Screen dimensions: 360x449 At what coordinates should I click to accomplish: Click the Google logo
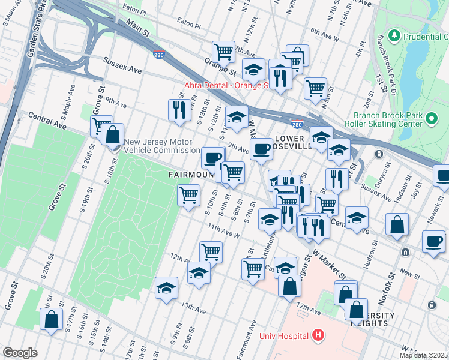coord(20,353)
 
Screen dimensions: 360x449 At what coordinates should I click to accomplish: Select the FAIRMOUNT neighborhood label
coord(191,175)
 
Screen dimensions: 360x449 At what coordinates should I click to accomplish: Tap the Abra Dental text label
coord(225,85)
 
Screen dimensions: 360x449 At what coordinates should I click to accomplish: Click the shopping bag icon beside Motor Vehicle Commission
coord(112,134)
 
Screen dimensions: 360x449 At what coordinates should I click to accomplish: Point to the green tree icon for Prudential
coord(394,36)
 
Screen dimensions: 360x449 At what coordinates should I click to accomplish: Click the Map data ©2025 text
coord(424,355)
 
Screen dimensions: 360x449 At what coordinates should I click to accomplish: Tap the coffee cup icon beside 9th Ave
coord(262,148)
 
